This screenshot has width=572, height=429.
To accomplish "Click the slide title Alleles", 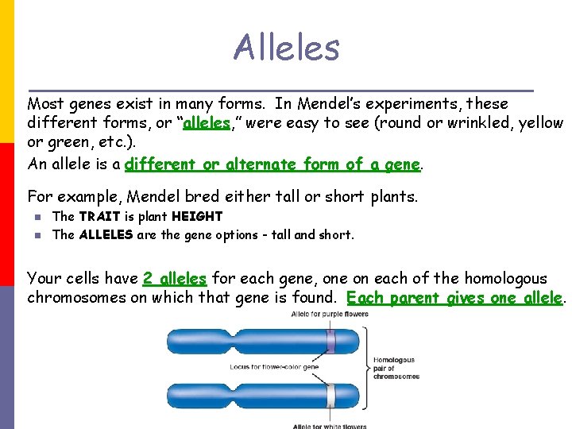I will point(286,48).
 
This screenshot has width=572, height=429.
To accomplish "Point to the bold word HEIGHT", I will point(196,216).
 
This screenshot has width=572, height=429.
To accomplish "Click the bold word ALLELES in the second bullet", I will point(106,234).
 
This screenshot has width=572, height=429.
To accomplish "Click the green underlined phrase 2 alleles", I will point(174,279).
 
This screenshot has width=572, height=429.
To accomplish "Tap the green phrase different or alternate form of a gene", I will point(272,164).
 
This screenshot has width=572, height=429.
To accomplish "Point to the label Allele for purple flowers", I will point(330,314).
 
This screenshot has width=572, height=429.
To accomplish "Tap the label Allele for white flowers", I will point(330,426).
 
